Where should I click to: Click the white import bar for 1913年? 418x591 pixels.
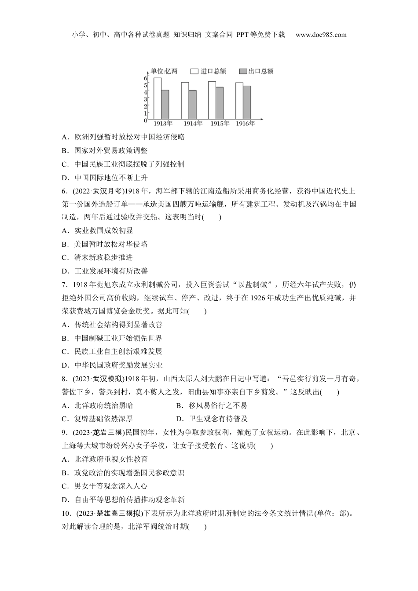pos(157,98)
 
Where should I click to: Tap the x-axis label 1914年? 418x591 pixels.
pos(193,124)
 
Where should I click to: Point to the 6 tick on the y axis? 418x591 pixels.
pos(145,78)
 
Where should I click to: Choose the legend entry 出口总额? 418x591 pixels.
pos(256,71)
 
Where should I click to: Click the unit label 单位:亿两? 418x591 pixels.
pos(164,71)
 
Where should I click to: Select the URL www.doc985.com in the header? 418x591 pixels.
pos(321,35)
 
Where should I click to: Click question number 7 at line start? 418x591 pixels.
pos(64,285)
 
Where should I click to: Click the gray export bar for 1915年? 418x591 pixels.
pos(220,102)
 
